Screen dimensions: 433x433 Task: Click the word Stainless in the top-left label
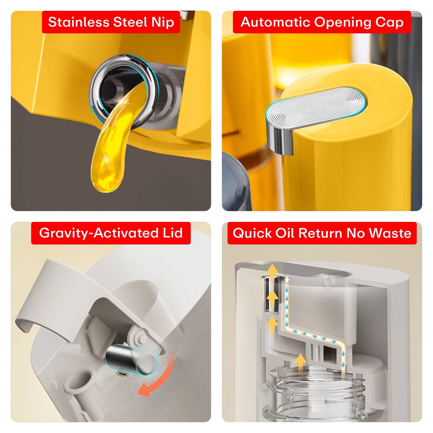pos(79,22)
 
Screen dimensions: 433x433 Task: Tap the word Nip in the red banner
pos(163,22)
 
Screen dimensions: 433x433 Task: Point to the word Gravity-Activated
pos(99,233)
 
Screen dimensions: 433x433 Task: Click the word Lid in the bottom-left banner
pos(173,233)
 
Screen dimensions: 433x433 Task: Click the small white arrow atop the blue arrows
pos(287,280)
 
